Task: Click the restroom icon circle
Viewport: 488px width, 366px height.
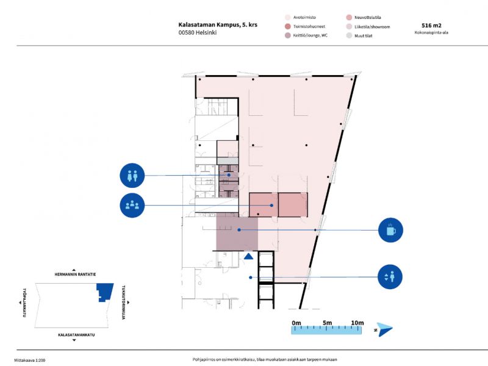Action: click(x=133, y=176)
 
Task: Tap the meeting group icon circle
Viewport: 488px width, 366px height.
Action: click(x=133, y=205)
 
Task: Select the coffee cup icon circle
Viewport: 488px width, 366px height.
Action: click(x=391, y=230)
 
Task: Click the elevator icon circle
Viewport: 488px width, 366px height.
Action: click(x=391, y=278)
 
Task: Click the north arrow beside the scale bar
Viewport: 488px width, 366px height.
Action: click(x=384, y=329)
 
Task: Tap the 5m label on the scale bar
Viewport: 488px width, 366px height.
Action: click(x=327, y=322)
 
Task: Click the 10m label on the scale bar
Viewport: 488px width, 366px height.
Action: click(x=357, y=322)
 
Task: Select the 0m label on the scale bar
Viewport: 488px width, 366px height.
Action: click(x=296, y=322)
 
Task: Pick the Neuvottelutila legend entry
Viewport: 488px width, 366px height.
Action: click(x=369, y=18)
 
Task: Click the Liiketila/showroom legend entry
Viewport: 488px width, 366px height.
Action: click(x=371, y=27)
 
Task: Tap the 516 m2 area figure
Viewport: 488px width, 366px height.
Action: click(x=432, y=25)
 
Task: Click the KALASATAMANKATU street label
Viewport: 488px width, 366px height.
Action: click(x=76, y=335)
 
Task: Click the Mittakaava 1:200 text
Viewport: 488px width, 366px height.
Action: click(x=30, y=360)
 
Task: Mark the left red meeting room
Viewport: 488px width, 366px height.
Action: click(x=264, y=204)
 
